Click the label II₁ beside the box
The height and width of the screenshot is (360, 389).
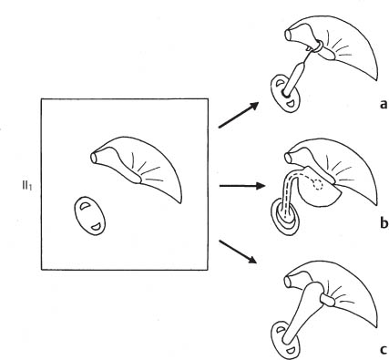26,186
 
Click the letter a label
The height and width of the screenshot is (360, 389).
384,105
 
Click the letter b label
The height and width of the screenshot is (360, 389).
384,222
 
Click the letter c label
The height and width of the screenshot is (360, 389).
384,350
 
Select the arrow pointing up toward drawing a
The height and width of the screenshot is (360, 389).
239,115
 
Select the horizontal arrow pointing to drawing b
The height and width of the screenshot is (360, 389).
242,185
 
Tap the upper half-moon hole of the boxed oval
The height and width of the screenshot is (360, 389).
84,206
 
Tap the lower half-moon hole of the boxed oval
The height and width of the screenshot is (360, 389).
97,226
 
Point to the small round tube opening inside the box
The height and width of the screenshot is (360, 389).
93,158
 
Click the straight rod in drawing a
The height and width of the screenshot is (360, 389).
295,77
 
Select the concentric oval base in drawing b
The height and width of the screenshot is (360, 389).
284,216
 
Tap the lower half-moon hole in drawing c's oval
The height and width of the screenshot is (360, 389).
292,349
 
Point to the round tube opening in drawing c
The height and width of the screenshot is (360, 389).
288,282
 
